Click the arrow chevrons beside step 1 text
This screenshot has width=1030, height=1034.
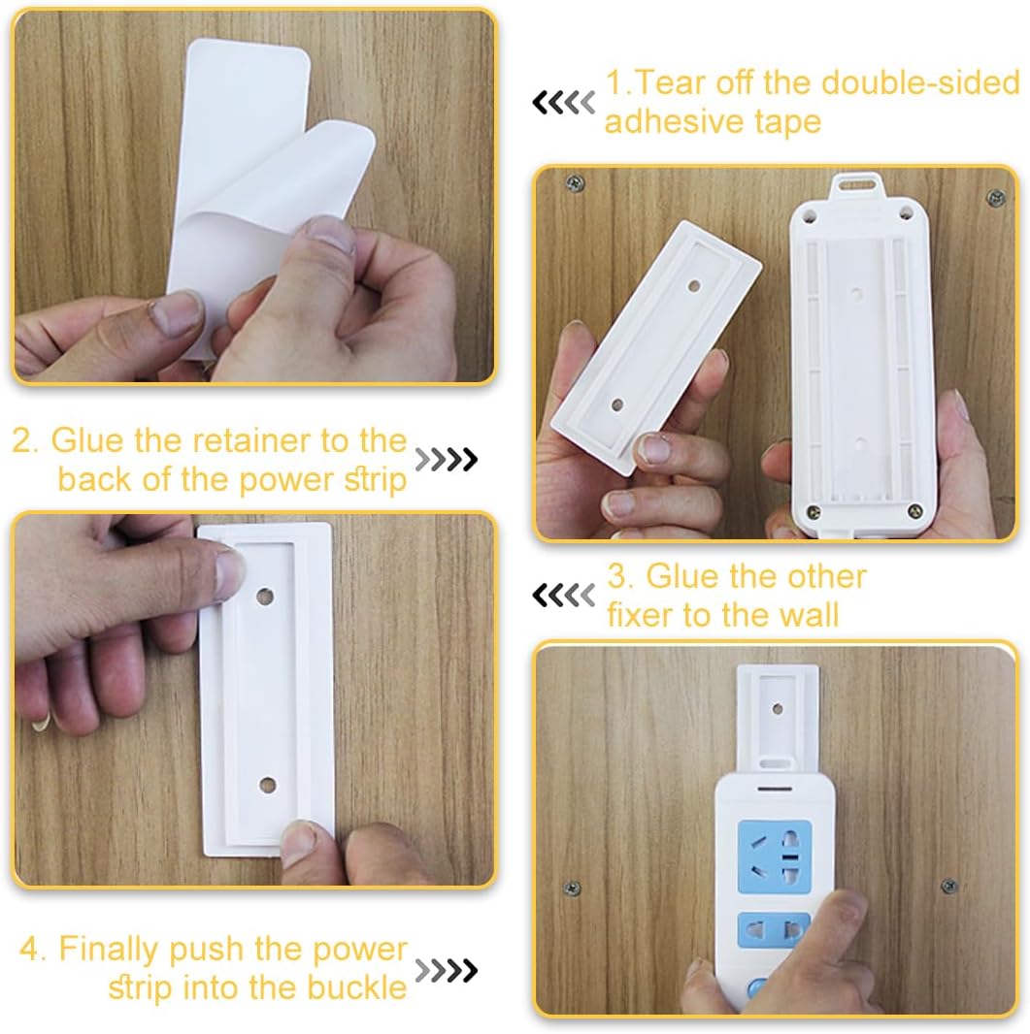[x=563, y=102]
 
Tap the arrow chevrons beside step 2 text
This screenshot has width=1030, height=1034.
[x=446, y=460]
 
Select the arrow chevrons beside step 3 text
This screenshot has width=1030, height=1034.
[x=563, y=595]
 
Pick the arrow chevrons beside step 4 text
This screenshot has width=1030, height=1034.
[x=446, y=969]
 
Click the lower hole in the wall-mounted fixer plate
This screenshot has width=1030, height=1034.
[x=268, y=785]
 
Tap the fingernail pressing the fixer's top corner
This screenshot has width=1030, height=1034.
[x=229, y=569]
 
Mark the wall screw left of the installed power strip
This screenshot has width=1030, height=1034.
[x=573, y=888]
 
